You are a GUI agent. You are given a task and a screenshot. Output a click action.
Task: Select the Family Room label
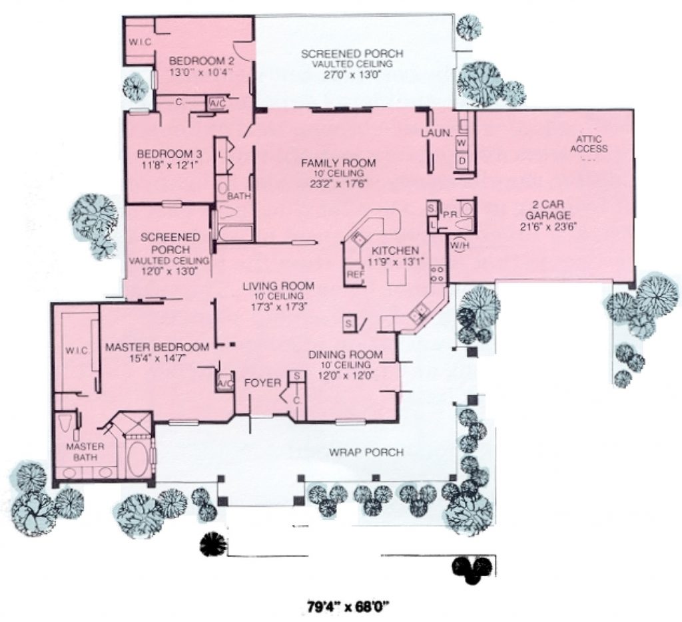(x=338, y=162)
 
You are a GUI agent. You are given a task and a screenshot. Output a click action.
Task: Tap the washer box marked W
(x=461, y=143)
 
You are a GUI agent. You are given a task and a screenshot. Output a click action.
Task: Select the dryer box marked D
(x=461, y=160)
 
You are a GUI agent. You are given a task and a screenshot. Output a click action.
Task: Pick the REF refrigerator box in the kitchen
(x=353, y=274)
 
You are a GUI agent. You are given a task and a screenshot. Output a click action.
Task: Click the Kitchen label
(x=395, y=251)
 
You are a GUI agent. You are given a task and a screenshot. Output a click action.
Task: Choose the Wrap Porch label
(x=366, y=453)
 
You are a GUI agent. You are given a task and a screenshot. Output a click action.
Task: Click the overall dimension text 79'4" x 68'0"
(x=348, y=606)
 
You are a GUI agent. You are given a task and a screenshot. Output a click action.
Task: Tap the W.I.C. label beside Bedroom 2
(x=141, y=42)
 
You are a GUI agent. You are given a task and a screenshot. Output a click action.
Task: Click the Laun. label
(x=437, y=133)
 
